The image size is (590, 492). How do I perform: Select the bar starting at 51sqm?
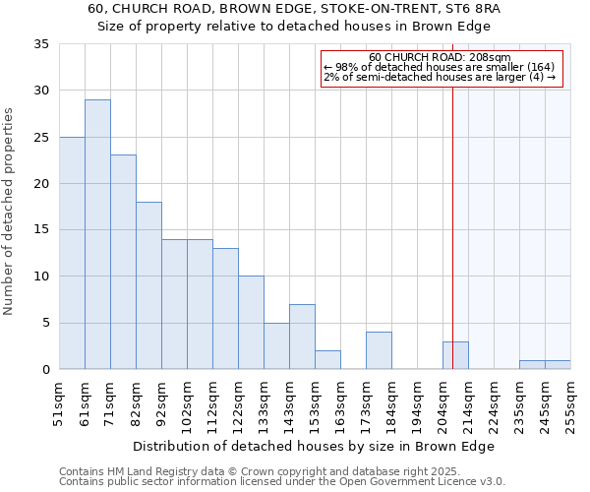click(x=72, y=253)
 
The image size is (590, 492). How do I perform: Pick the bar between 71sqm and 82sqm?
click(x=123, y=262)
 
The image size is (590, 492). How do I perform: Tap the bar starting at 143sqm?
click(x=302, y=337)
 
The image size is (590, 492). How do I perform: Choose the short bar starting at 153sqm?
click(x=327, y=360)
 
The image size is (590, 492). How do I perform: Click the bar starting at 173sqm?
click(x=379, y=350)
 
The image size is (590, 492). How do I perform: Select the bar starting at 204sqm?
click(x=455, y=355)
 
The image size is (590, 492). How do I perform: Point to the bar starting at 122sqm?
click(x=251, y=323)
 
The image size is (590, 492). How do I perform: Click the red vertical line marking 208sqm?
click(x=452, y=246)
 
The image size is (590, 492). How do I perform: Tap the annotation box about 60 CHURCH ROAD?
click(x=442, y=69)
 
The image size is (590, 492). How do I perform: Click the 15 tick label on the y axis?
click(x=41, y=230)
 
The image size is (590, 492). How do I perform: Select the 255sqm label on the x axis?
click(x=571, y=404)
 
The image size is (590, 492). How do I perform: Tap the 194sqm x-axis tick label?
click(x=418, y=404)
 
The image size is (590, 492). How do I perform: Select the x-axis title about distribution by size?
click(x=314, y=446)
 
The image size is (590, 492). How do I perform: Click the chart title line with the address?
click(x=294, y=9)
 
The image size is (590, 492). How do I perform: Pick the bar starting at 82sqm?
click(x=148, y=285)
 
